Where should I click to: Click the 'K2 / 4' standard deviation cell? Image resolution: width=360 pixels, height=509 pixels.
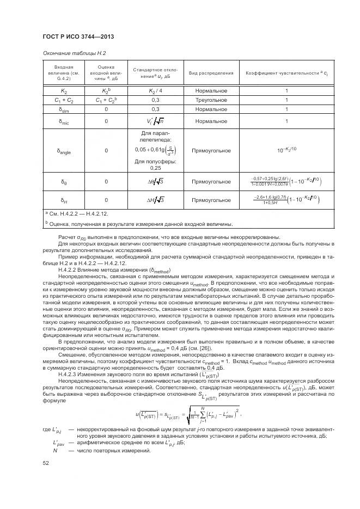155,91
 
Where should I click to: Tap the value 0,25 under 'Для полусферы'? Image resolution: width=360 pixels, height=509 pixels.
155,168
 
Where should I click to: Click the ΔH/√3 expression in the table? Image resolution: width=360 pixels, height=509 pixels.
155,200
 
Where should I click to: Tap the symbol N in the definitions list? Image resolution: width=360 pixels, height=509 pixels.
55,451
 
